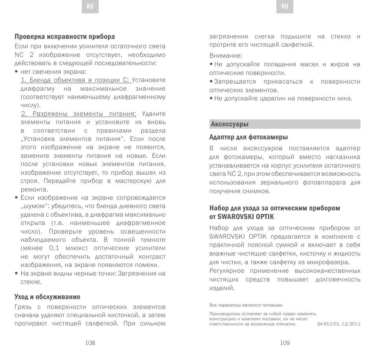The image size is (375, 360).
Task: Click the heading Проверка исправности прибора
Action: (x=65, y=37)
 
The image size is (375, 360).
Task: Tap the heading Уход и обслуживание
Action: (x=47, y=297)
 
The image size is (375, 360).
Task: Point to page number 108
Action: (x=90, y=343)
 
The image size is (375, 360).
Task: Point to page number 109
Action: (x=285, y=343)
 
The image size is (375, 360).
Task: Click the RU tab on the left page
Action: (x=90, y=7)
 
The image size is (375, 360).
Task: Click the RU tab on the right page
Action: (x=285, y=7)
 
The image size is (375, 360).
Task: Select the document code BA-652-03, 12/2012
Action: (x=338, y=324)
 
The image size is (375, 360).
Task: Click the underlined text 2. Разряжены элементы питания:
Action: (x=79, y=113)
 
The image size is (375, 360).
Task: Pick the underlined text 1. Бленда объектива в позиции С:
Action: (x=76, y=80)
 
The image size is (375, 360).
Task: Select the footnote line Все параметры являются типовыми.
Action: (x=246, y=305)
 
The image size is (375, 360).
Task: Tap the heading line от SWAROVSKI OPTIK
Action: (x=242, y=217)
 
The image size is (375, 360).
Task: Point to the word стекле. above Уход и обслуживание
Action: (x=31, y=282)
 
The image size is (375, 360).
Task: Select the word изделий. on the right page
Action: (x=222, y=288)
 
